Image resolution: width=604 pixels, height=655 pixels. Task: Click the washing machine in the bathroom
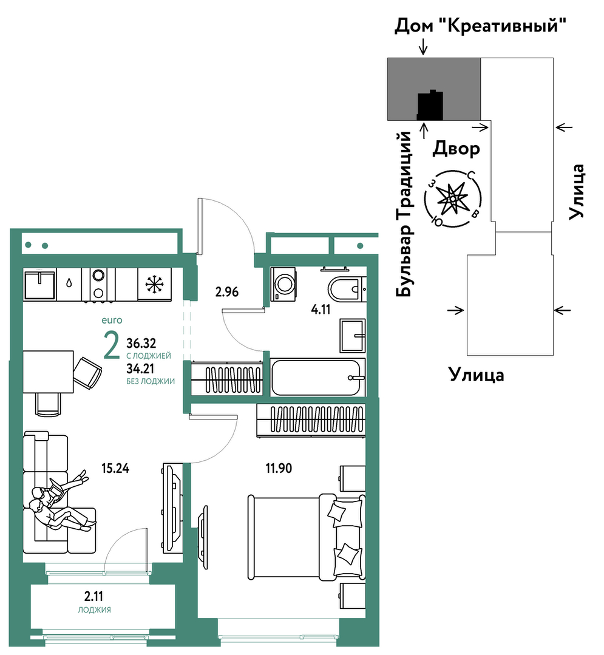283,284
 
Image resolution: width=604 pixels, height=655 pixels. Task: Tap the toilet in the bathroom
347,288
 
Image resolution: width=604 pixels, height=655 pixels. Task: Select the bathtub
317,378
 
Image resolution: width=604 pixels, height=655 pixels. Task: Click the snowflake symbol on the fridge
155,285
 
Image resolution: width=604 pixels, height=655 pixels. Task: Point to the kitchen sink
39,285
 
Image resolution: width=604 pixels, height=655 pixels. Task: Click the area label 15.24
115,468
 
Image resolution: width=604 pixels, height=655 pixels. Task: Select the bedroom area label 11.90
279,468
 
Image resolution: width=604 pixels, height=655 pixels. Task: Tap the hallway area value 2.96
227,291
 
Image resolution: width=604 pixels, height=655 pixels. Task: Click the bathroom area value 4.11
321,309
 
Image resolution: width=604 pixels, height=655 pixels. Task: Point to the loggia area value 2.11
93,596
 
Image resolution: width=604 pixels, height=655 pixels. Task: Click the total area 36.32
141,344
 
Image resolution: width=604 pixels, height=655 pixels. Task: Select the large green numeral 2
112,346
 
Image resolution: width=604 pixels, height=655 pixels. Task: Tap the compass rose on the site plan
452,199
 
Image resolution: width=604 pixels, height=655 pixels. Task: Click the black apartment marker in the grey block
430,105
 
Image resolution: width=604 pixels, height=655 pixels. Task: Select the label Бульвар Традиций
405,214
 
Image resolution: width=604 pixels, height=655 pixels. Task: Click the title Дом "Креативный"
480,26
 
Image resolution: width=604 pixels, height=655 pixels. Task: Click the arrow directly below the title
424,47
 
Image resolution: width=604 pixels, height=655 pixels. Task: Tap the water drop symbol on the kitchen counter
69,283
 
